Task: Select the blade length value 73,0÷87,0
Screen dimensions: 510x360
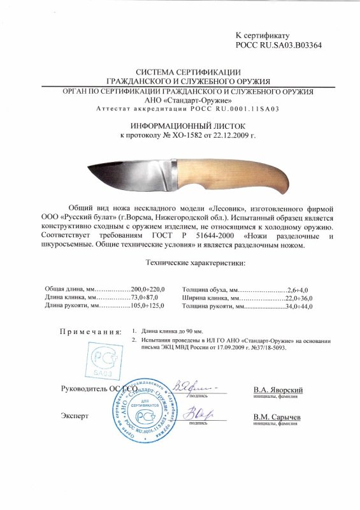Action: [148, 298]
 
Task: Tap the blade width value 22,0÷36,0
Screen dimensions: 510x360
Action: [301, 298]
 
